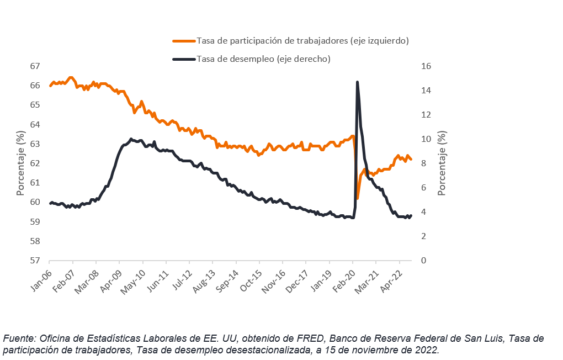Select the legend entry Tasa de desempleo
(x=263, y=59)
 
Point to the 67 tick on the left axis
(x=35, y=66)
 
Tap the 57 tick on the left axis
(x=35, y=261)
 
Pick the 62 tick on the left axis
(x=35, y=163)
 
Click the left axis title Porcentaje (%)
(x=20, y=163)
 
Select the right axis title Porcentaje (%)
(x=441, y=163)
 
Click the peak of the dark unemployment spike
(x=357, y=82)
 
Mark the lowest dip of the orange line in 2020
(x=358, y=198)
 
